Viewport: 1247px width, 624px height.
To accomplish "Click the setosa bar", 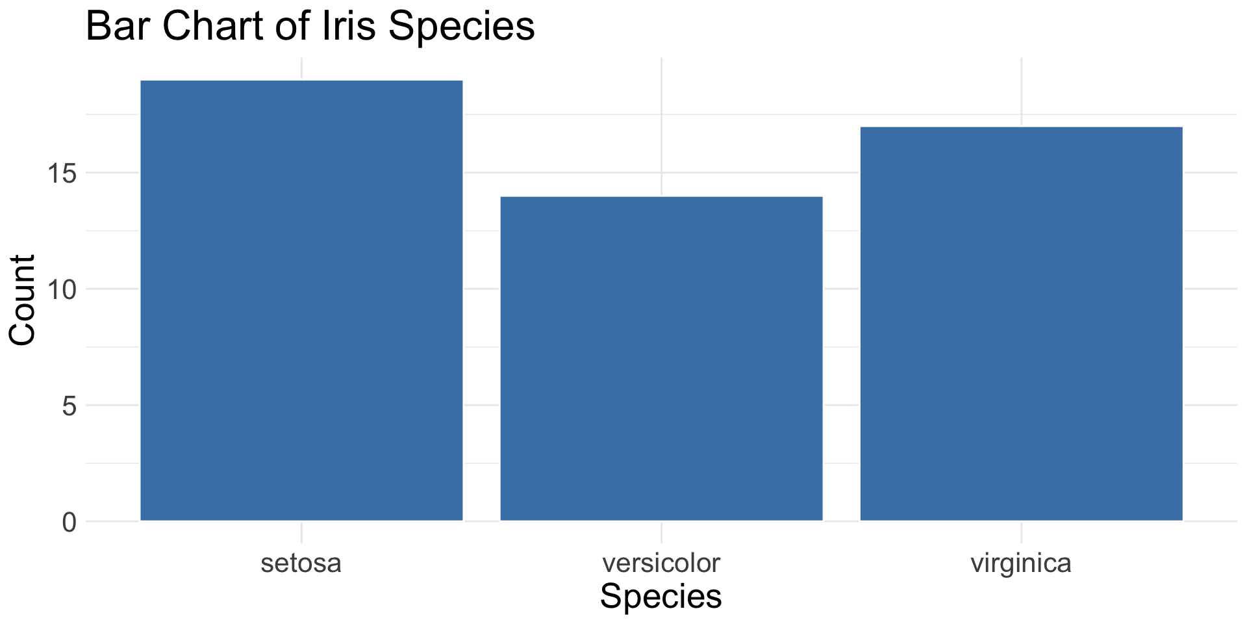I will [x=301, y=300].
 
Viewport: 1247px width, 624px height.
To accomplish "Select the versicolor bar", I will [x=661, y=358].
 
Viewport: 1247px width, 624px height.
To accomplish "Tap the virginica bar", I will [x=1021, y=324].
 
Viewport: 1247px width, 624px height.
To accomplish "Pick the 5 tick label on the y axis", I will [x=69, y=406].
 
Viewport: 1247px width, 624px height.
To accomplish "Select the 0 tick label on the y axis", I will [x=69, y=522].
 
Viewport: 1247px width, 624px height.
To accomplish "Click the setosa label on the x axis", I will [x=301, y=563].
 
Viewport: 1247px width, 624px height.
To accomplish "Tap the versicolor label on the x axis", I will [x=661, y=563].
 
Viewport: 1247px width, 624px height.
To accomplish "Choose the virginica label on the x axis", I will [x=1021, y=563].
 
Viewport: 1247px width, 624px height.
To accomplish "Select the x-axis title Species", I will [x=661, y=597].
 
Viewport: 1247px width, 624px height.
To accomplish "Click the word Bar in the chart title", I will [x=119, y=27].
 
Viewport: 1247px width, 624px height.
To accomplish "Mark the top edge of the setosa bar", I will [x=301, y=81].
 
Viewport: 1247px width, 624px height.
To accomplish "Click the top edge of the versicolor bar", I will [x=661, y=197].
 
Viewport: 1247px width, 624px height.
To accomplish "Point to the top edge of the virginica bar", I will [x=1021, y=127].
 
